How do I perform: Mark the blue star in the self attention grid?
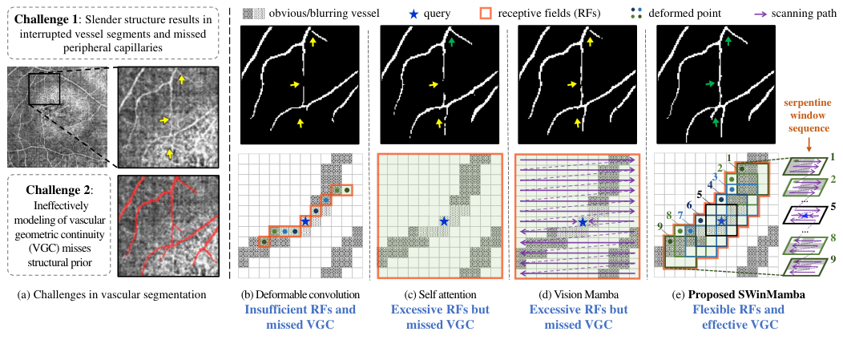(x=443, y=220)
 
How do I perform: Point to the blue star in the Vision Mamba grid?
(x=583, y=221)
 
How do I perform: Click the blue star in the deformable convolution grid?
(x=305, y=220)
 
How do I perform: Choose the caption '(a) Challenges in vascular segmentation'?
(x=111, y=294)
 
